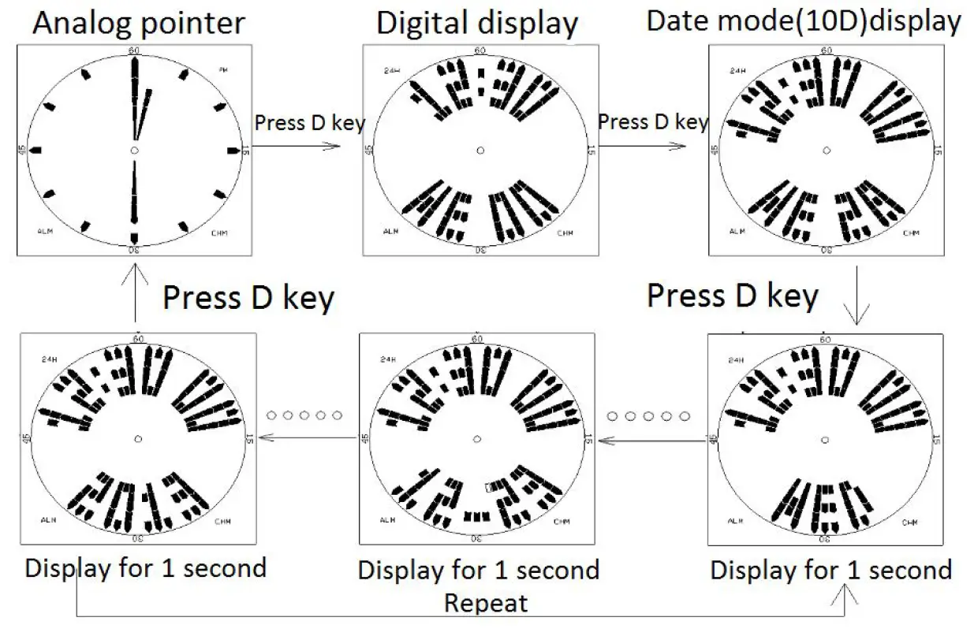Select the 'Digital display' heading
pos(477,23)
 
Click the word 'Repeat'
pos(485,604)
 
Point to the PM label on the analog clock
pos(223,71)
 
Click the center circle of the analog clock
pos(135,150)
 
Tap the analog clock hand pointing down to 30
pos(134,201)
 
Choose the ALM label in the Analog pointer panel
pos(45,231)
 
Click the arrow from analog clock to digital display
pos(296,146)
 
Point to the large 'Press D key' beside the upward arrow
pos(248,299)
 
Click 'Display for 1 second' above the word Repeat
pos(478,570)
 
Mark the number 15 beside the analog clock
pos(246,150)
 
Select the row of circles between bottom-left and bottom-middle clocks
pos(304,415)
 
